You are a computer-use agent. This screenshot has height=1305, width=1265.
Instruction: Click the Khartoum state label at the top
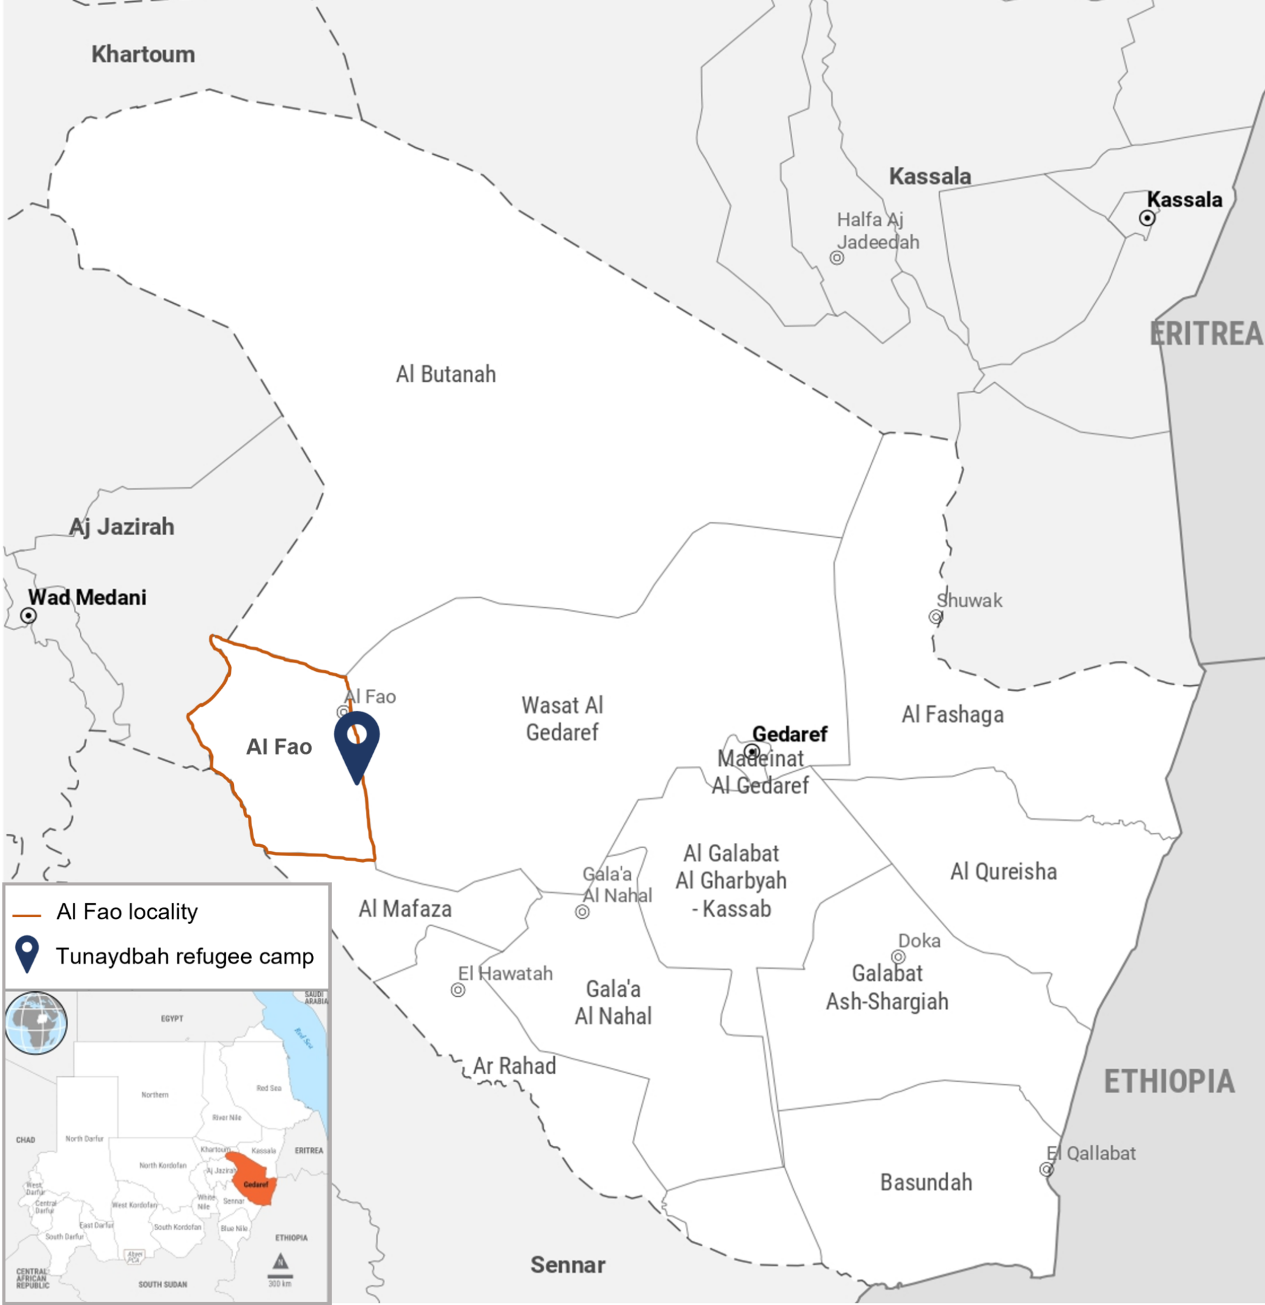pyautogui.click(x=143, y=55)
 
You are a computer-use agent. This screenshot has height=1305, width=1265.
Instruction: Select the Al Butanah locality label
pyautogui.click(x=446, y=374)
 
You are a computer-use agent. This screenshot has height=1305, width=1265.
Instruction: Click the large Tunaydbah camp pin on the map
pyautogui.click(x=357, y=741)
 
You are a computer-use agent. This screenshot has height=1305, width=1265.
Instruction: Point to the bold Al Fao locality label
pyautogui.click(x=279, y=746)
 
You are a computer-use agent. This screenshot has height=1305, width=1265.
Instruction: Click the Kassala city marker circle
pyautogui.click(x=1146, y=218)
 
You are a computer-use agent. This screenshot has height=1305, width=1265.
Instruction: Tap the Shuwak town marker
pyautogui.click(x=935, y=617)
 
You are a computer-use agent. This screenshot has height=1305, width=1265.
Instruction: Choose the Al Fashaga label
pyautogui.click(x=953, y=714)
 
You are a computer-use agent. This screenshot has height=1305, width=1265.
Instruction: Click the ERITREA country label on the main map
pyautogui.click(x=1206, y=333)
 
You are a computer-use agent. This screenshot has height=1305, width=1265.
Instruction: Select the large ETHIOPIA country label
pyautogui.click(x=1169, y=1082)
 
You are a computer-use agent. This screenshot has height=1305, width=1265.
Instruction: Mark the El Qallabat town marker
pyautogui.click(x=1046, y=1169)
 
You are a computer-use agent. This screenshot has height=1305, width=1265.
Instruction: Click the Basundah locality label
pyautogui.click(x=926, y=1182)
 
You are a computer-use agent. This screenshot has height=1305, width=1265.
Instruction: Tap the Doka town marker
pyautogui.click(x=898, y=957)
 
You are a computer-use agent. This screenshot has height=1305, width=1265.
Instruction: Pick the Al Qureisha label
pyautogui.click(x=1003, y=872)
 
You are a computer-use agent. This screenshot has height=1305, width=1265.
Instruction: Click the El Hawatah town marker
pyautogui.click(x=458, y=990)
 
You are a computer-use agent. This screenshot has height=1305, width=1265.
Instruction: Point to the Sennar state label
pyautogui.click(x=567, y=1264)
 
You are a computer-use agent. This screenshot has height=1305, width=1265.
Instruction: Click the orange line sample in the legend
pyautogui.click(x=27, y=916)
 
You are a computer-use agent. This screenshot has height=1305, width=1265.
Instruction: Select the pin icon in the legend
pyautogui.click(x=27, y=953)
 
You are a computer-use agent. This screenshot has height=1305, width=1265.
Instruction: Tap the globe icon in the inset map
pyautogui.click(x=36, y=1023)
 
